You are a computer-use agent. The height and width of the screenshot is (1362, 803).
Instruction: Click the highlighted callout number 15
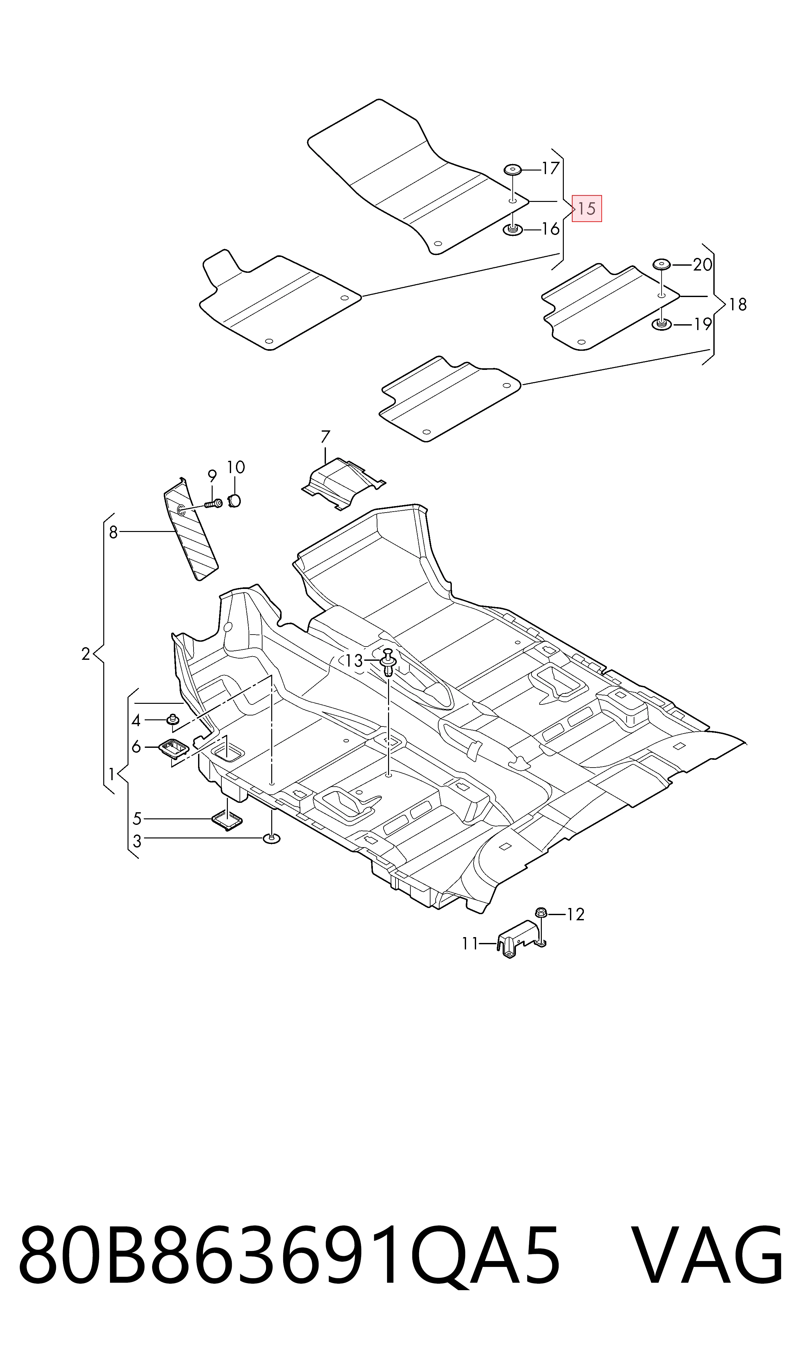tap(586, 208)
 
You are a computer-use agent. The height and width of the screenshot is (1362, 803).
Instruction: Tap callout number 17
tap(550, 169)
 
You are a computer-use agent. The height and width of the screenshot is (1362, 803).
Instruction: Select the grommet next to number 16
tap(512, 230)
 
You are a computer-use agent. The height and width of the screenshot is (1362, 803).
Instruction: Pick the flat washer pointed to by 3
tap(272, 839)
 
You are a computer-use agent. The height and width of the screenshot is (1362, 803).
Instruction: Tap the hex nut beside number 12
tap(541, 914)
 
